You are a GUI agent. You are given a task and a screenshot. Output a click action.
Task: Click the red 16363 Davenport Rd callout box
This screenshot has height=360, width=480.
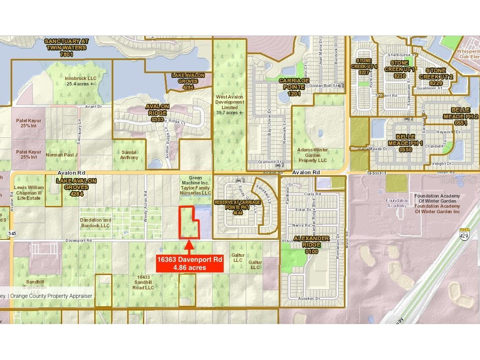(189, 263)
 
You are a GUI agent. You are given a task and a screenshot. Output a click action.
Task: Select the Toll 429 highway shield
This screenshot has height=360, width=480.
(464, 234)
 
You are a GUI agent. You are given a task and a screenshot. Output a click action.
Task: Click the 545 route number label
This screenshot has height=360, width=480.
(12, 233)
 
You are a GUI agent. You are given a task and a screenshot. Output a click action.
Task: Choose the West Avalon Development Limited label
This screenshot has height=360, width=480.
(230, 104)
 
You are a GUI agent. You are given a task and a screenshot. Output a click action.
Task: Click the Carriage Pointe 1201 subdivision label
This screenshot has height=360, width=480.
(294, 87)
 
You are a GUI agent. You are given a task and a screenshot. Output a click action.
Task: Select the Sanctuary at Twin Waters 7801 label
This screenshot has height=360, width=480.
(66, 47)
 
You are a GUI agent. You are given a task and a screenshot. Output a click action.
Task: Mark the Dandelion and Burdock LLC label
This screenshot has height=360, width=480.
(96, 223)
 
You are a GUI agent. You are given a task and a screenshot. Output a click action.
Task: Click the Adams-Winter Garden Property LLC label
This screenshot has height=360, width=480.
(313, 155)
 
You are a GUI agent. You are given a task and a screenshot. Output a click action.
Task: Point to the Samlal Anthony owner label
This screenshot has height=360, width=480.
(129, 155)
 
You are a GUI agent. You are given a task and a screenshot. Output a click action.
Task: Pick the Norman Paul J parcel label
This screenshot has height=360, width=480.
(62, 155)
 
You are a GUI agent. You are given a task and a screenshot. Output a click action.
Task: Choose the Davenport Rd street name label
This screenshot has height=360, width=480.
(79, 240)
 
